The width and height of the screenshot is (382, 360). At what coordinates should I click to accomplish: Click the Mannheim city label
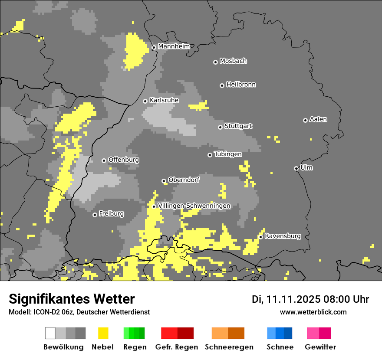[174, 46]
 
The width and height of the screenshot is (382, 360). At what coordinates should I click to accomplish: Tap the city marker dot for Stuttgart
[220, 127]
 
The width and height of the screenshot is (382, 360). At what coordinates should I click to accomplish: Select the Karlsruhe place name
[164, 100]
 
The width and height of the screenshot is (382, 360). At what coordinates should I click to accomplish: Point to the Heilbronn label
[241, 85]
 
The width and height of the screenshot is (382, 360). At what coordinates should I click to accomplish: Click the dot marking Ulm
[296, 168]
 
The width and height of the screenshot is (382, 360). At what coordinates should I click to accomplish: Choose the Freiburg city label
[111, 214]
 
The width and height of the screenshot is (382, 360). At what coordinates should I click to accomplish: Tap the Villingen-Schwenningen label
[194, 206]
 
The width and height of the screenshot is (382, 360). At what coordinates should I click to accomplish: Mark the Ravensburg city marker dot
[260, 237]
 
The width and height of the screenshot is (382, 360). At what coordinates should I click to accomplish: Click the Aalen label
[318, 119]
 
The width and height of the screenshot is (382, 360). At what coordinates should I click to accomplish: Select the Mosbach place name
[233, 61]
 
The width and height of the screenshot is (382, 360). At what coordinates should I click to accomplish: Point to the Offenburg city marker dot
[104, 160]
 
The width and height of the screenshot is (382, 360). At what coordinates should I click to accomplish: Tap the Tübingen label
[228, 154]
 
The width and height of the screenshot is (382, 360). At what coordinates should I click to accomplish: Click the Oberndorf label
[184, 180]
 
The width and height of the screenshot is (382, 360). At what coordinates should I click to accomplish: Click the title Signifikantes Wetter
[72, 299]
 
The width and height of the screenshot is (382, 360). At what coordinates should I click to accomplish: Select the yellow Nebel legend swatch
[103, 333]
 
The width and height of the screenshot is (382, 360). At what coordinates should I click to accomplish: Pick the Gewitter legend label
[320, 347]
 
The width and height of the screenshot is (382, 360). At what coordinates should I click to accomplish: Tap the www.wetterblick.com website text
[313, 312]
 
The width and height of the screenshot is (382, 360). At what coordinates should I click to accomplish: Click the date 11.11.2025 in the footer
[294, 299]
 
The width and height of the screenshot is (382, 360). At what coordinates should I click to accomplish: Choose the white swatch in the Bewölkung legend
[50, 333]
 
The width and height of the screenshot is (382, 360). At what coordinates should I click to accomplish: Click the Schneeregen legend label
[229, 347]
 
